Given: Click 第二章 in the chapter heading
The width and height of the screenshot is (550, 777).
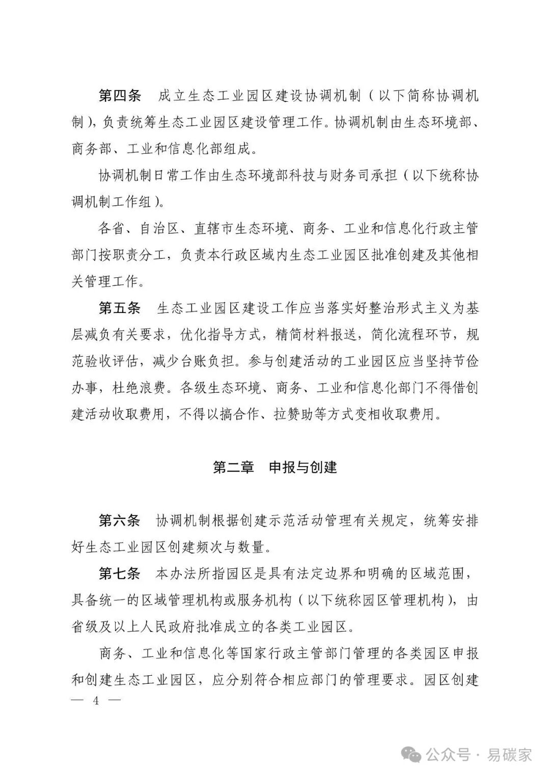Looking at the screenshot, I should coord(233,467).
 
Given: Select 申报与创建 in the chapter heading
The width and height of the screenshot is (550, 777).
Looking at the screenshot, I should coord(302,467).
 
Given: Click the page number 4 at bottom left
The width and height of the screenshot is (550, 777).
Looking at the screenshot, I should coord(95,701).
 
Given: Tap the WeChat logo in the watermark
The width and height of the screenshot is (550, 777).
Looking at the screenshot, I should coord(411,754).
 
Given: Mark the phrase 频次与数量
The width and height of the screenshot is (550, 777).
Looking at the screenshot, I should coord(236,547).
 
